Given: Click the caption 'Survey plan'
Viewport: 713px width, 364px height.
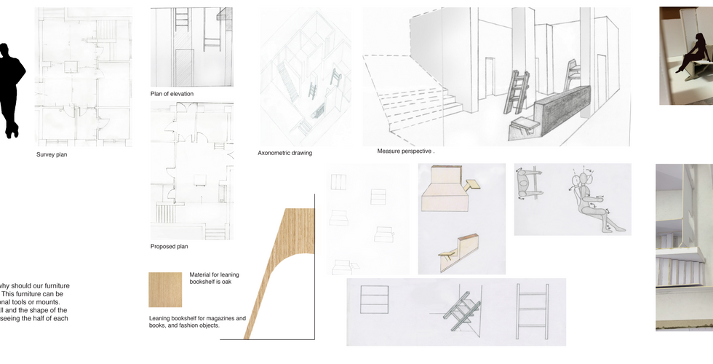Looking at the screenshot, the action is (x=52, y=155).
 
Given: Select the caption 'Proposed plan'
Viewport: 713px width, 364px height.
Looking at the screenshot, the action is (x=169, y=247).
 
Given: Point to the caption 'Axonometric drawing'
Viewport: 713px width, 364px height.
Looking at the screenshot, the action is (x=284, y=153).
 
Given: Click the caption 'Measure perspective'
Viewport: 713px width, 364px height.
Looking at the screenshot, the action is (x=405, y=151).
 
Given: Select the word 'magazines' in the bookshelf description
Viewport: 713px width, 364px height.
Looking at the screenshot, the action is (x=226, y=319).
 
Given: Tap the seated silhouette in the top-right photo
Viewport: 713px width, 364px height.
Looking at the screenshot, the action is (x=693, y=59).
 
